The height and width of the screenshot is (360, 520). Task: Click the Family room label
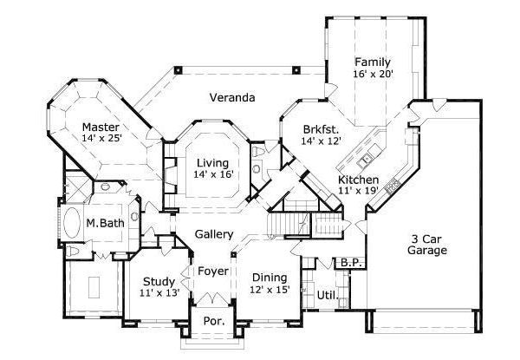coord(373,62)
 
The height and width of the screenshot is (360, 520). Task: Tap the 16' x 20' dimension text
coord(373,75)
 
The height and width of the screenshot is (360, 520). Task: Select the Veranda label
coord(231,98)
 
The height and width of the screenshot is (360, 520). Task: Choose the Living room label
coord(211,162)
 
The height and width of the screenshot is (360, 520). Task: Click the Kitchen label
coord(357,179)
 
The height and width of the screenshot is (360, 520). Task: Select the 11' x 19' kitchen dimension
coord(357,191)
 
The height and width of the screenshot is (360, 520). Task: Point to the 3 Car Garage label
coord(428,245)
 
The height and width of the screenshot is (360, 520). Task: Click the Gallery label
coord(213,234)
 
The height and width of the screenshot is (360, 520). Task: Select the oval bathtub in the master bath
coord(73,225)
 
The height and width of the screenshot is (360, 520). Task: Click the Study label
coord(159,282)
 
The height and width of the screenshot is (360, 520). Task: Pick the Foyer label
coord(213,272)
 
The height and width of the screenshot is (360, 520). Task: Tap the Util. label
coord(326,296)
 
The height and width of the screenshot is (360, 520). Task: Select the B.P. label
coord(350,262)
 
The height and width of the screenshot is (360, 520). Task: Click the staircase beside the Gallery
coord(283,226)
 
